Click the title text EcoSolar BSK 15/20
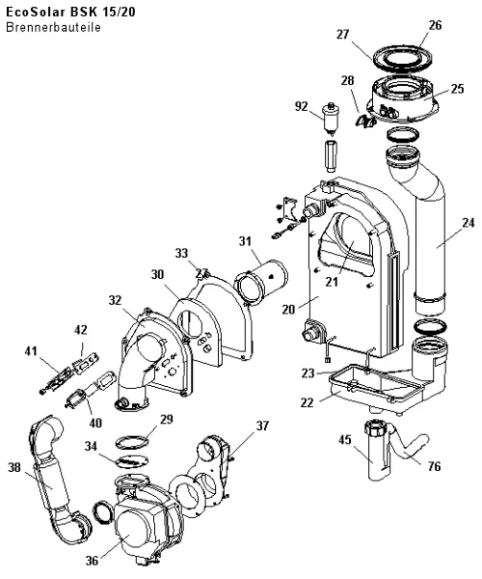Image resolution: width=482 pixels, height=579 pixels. (70, 13)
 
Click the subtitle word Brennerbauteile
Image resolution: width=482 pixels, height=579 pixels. (53, 28)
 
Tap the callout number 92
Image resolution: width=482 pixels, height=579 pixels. (302, 106)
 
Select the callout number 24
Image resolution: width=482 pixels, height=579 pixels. (468, 223)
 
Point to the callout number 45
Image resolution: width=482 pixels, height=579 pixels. (345, 440)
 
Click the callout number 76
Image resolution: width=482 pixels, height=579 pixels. (434, 466)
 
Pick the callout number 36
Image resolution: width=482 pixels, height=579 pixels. (93, 561)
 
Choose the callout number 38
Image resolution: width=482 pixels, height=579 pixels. (14, 467)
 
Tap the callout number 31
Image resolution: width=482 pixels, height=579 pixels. (245, 241)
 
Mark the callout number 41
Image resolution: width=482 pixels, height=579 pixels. (32, 351)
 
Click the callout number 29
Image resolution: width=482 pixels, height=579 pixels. (167, 420)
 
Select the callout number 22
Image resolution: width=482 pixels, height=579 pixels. (308, 402)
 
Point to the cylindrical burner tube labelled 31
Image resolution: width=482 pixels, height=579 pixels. (262, 283)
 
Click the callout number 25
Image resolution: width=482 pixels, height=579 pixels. (457, 89)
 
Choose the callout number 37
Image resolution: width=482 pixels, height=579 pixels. (262, 426)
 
